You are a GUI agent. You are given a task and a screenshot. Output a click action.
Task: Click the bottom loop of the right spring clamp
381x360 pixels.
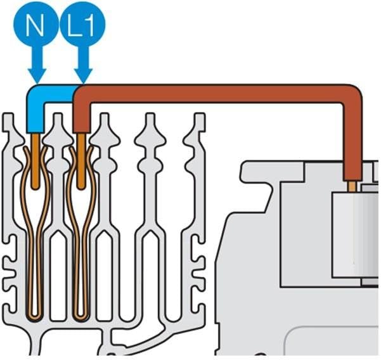(x=81, y=311)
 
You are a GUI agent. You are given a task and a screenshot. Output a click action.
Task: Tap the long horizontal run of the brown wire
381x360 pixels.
(x=216, y=93)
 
